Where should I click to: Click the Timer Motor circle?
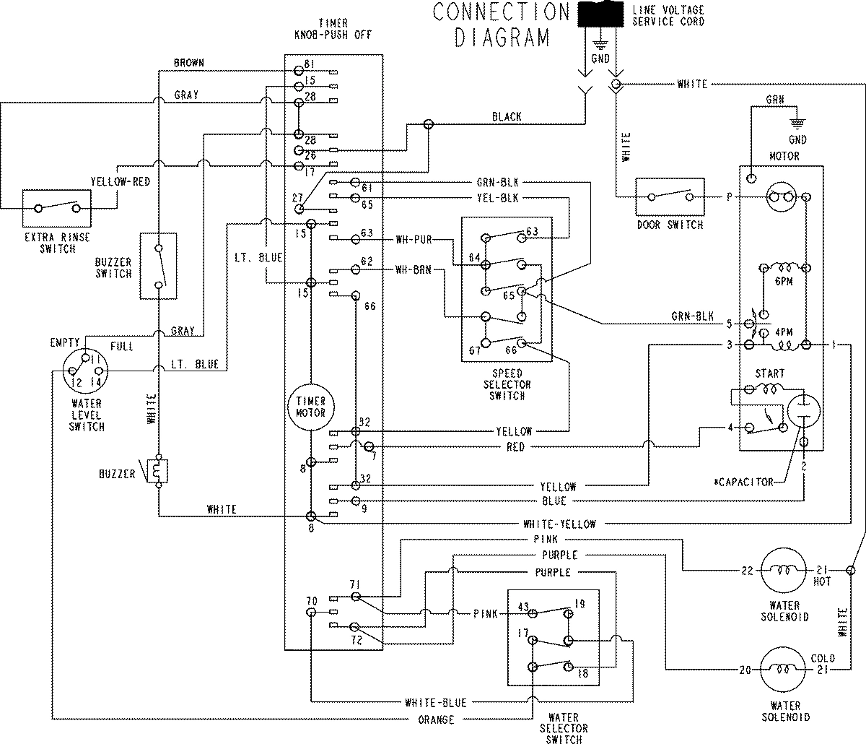pyautogui.click(x=310, y=407)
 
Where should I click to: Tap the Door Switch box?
pyautogui.click(x=669, y=196)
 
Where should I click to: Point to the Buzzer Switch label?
pyautogui.click(x=113, y=268)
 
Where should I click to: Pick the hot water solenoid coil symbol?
pyautogui.click(x=784, y=571)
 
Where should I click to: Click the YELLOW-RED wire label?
pyautogui.click(x=121, y=182)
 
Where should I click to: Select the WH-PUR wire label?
pyautogui.click(x=414, y=238)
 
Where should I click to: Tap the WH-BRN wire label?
pyautogui.click(x=414, y=269)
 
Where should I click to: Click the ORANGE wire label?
pyautogui.click(x=437, y=719)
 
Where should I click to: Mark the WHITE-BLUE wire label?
pyautogui.click(x=435, y=702)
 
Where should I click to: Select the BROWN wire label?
pyautogui.click(x=189, y=63)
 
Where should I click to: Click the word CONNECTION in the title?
pyautogui.click(x=502, y=12)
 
